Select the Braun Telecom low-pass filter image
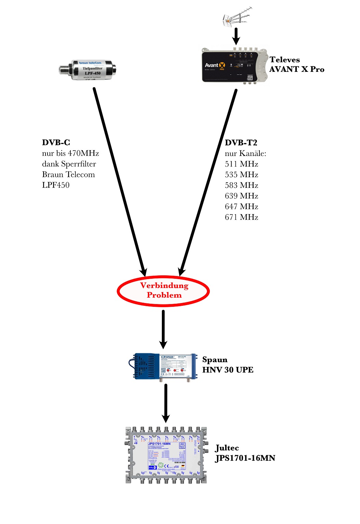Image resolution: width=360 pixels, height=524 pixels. click(x=88, y=70)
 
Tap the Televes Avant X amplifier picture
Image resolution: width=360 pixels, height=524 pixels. click(x=234, y=66)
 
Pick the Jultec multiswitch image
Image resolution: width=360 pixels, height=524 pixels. click(x=166, y=455)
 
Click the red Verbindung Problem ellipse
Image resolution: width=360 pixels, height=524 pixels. click(x=164, y=291)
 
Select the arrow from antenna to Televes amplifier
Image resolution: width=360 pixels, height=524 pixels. click(x=236, y=36)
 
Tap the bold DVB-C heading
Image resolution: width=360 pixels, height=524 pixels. click(x=56, y=143)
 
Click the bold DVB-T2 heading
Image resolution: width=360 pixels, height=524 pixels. click(x=241, y=143)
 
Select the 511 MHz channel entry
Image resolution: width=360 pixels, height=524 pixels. click(x=242, y=164)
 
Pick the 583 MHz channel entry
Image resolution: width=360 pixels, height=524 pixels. click(x=242, y=185)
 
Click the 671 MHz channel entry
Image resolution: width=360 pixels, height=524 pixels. click(x=242, y=217)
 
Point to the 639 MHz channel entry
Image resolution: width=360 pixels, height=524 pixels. click(x=242, y=196)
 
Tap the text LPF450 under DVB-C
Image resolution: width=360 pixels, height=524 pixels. click(x=56, y=185)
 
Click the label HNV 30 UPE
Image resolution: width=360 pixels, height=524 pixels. click(x=228, y=370)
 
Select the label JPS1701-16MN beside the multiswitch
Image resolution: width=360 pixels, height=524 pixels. click(x=245, y=458)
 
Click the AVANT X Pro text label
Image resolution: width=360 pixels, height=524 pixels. click(x=297, y=69)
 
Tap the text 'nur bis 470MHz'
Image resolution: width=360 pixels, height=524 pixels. click(x=70, y=153)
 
